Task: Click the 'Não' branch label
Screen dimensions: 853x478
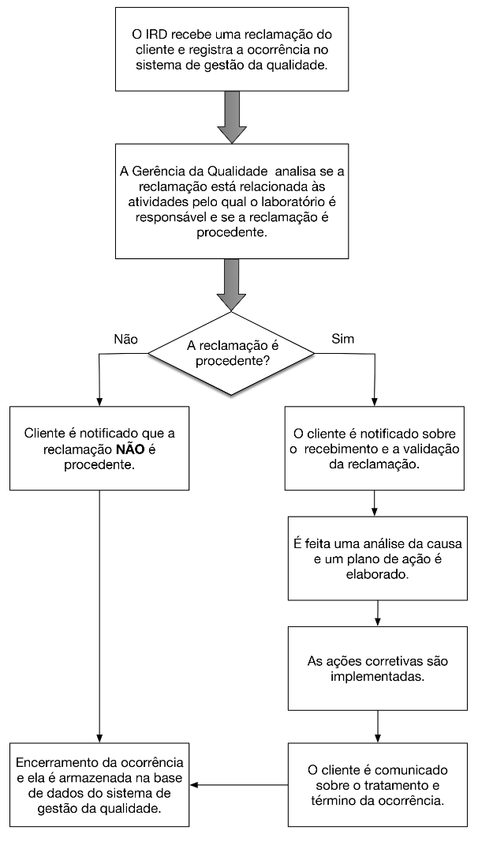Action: pos(128,339)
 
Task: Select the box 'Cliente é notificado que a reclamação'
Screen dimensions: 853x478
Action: pos(99,449)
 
